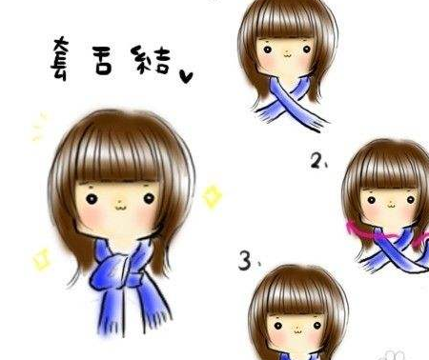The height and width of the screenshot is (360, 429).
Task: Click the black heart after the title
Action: [186, 76]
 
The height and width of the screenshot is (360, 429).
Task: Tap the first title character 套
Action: [60, 58]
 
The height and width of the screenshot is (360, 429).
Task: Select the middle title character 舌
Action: [103, 60]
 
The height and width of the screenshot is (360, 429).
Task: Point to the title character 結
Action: [150, 60]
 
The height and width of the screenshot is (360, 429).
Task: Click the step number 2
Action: [317, 160]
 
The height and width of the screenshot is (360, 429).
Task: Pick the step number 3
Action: [245, 260]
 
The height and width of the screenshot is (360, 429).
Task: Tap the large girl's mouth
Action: [120, 209]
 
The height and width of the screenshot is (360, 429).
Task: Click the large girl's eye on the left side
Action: [92, 199]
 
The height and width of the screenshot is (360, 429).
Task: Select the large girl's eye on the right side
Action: [149, 199]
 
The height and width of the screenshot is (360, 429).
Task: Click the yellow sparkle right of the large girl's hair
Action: [212, 196]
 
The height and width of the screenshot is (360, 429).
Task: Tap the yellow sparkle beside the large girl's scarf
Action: [42, 259]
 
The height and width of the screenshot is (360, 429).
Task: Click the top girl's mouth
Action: [287, 55]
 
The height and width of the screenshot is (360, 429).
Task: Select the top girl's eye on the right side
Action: [307, 50]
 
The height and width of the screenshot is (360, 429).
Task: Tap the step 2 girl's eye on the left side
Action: [372, 200]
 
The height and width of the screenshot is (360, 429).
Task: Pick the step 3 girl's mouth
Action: [297, 331]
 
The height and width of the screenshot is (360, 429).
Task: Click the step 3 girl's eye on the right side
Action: [317, 326]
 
